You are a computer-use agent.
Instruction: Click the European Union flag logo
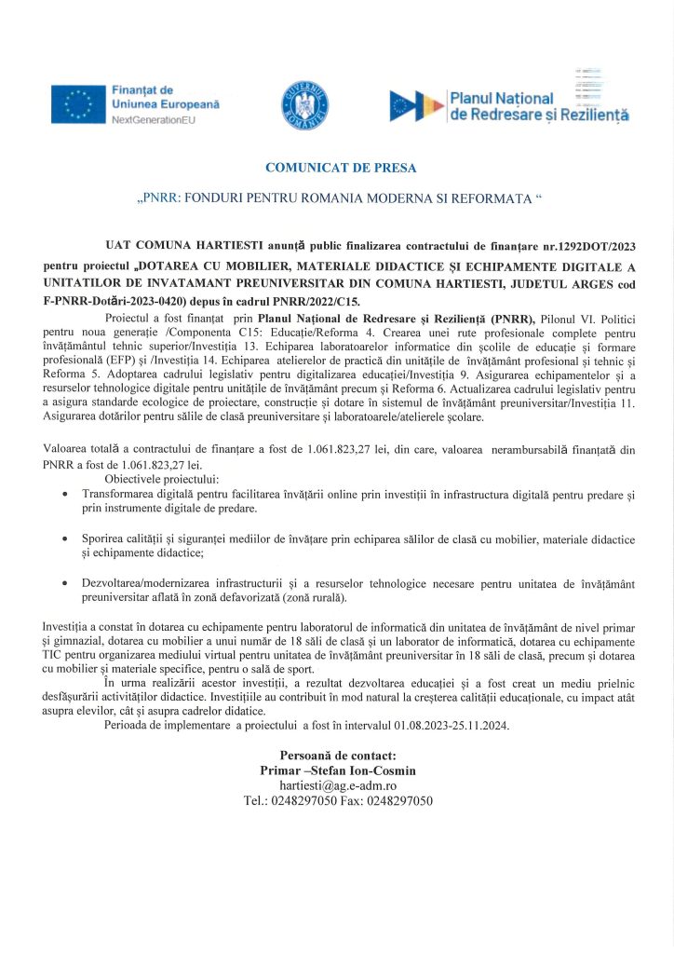(x=78, y=103)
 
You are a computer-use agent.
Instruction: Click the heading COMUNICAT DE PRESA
(x=341, y=169)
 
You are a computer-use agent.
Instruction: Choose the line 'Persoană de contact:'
(x=338, y=756)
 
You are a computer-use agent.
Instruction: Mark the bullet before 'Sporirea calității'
(x=62, y=539)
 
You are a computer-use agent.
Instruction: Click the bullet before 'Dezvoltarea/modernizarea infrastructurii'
(x=62, y=584)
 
